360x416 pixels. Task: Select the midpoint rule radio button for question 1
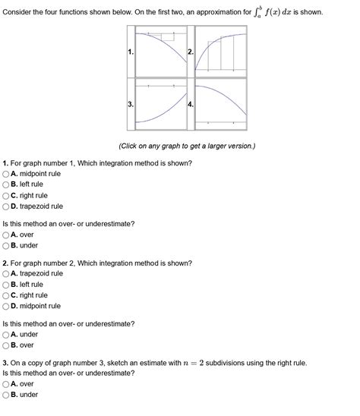[x=6, y=174]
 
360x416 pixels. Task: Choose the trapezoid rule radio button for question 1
[x=6, y=206]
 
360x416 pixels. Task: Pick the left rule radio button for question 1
[x=6, y=184]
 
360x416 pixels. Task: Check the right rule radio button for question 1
[x=6, y=195]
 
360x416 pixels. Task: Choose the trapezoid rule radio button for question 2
[x=6, y=273]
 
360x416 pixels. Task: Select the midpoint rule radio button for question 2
[x=6, y=306]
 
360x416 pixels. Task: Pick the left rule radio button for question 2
[x=6, y=284]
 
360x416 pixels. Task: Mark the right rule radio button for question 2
[x=6, y=295]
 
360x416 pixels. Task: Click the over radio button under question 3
[x=6, y=384]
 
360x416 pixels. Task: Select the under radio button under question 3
[x=6, y=395]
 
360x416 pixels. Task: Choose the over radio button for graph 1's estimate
[x=6, y=235]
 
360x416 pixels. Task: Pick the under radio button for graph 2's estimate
[x=6, y=334]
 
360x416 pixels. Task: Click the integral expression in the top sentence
[x=282, y=11]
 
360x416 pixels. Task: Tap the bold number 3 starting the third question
[x=5, y=363]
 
